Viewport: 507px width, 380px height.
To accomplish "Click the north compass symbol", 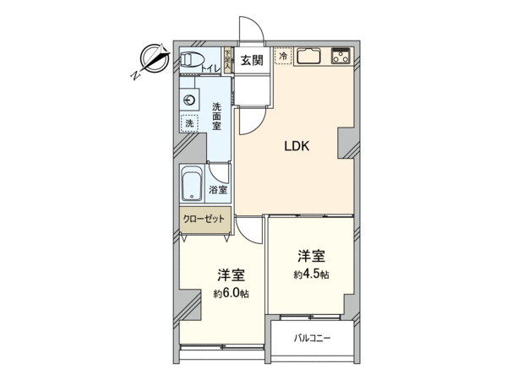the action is [x=155, y=59].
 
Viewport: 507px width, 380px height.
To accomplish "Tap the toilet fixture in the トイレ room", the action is [x=192, y=60].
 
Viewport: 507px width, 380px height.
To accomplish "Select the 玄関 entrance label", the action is [x=252, y=60].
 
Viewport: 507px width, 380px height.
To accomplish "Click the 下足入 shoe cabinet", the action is [x=227, y=60].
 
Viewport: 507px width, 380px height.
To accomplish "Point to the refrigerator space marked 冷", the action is [x=283, y=56].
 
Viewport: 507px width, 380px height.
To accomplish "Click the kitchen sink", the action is [x=308, y=57].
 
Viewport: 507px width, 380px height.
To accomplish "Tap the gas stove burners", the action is [x=341, y=57].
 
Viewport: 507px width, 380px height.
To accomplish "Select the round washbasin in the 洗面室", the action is [x=188, y=100].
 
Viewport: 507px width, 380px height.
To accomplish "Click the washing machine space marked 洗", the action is [x=190, y=123].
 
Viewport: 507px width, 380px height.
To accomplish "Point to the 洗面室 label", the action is [x=216, y=116].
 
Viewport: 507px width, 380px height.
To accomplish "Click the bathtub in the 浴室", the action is [x=192, y=183].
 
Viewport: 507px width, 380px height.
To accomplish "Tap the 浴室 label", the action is [x=218, y=190].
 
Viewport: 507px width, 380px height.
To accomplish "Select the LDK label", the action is [x=297, y=146].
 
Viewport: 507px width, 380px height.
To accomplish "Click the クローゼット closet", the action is [x=205, y=220].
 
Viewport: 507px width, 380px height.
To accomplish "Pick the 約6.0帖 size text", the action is [x=231, y=293].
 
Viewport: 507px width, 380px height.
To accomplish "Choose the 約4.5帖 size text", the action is [x=311, y=274].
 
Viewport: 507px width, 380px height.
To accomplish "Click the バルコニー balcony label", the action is [x=312, y=339].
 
